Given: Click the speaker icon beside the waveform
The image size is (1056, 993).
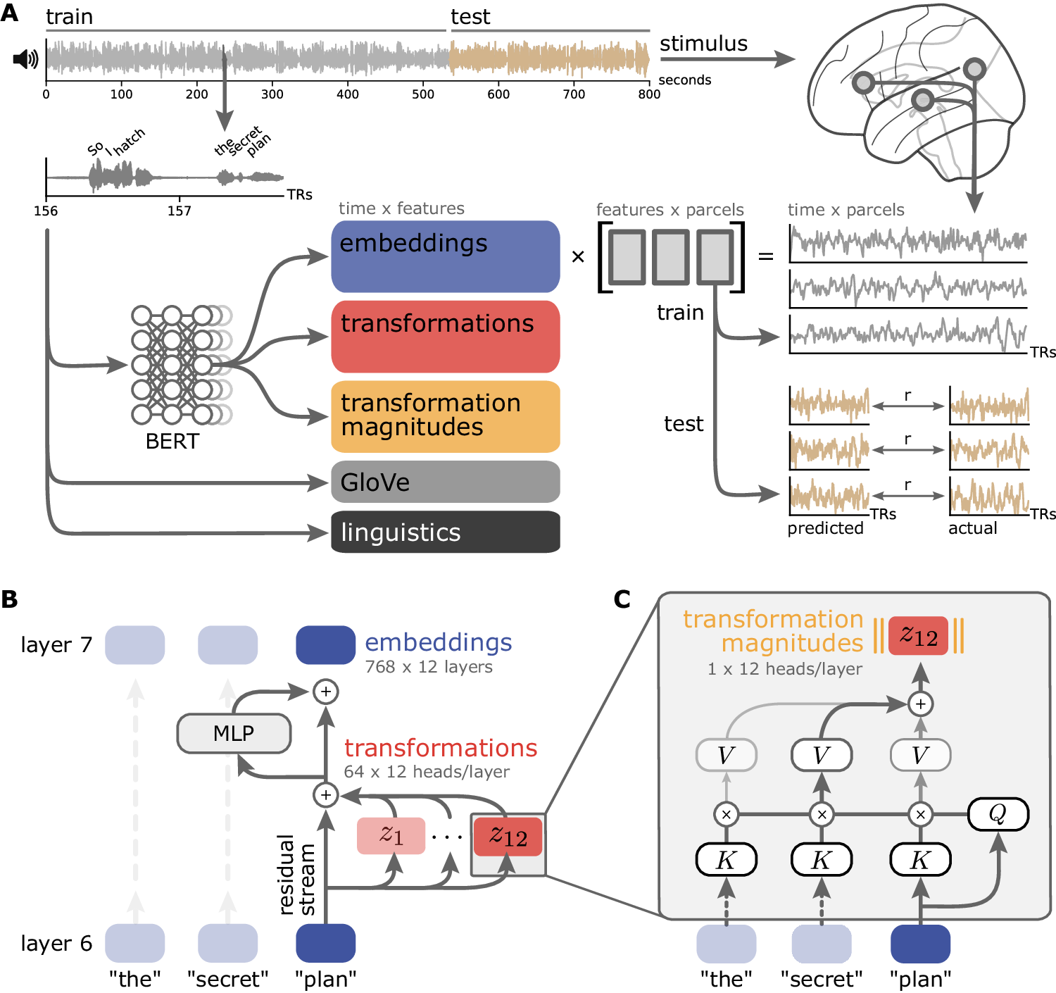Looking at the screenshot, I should click(25, 59).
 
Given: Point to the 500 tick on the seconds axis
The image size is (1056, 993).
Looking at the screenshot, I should click(423, 94).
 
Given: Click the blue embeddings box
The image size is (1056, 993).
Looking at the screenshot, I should click(445, 256).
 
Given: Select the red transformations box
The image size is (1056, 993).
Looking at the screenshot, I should click(445, 337).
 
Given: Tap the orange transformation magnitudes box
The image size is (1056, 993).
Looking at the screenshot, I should click(445, 416).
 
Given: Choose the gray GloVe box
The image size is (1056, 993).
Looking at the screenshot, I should click(445, 482).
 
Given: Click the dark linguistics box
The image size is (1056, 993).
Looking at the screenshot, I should click(445, 532).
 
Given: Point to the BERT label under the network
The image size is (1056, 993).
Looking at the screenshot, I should click(172, 442).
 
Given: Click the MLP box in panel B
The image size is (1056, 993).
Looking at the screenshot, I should click(234, 733).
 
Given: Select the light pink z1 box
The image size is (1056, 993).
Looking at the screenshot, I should click(391, 835).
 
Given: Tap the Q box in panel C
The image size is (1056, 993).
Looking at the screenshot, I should click(998, 814).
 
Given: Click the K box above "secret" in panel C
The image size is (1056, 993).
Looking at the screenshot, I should click(822, 860).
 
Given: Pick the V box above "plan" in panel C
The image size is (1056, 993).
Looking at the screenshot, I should click(920, 756).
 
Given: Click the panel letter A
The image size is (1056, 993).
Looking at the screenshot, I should click(10, 13).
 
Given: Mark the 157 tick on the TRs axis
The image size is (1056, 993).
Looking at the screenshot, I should click(180, 211).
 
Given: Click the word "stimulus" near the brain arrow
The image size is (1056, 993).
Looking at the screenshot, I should click(703, 44).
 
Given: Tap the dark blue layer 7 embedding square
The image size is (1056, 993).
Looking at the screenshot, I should click(325, 645).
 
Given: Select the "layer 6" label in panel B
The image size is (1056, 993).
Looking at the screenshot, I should click(56, 943).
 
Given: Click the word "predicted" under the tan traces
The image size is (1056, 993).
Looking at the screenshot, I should click(825, 528).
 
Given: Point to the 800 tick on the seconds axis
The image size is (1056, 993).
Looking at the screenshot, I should click(649, 94).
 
